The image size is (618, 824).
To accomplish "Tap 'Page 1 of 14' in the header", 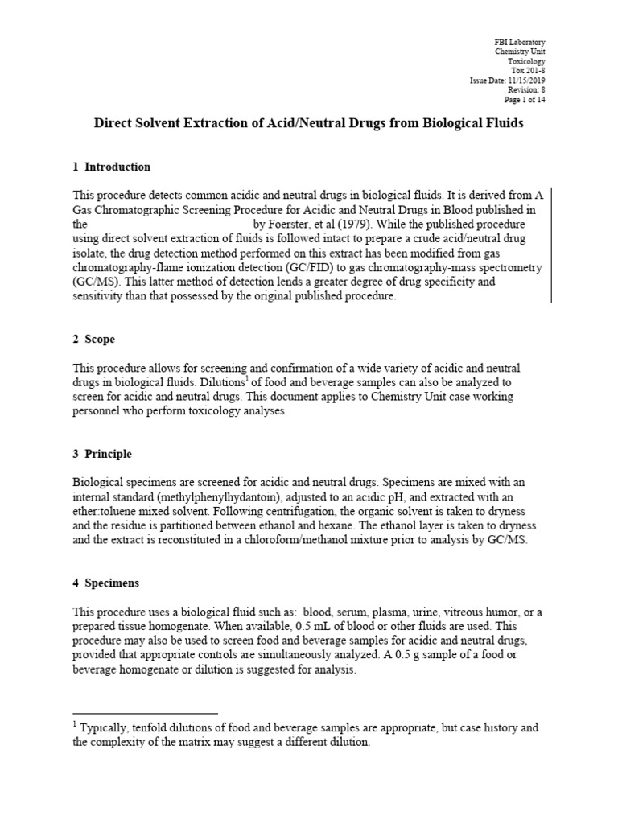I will pyautogui.click(x=525, y=101).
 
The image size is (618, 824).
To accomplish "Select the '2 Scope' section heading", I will pyautogui.click(x=94, y=340).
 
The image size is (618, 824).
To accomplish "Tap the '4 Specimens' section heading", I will pyautogui.click(x=105, y=583).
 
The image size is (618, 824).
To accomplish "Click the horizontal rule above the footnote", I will pyautogui.click(x=145, y=713).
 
